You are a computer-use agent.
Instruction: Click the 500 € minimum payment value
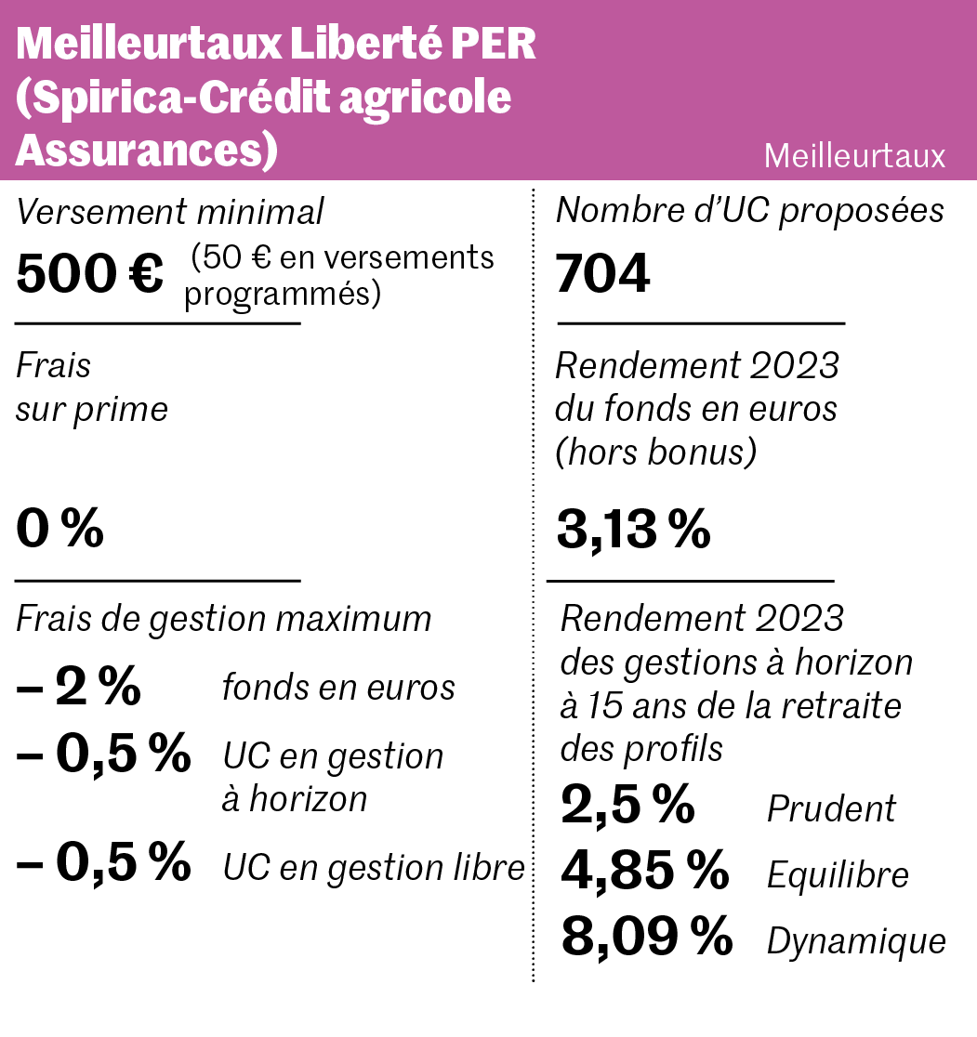[x=89, y=274]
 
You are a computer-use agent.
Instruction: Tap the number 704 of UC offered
[x=602, y=274]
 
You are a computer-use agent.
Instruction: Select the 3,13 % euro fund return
[x=633, y=531]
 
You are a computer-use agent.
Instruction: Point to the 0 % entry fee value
[x=59, y=531]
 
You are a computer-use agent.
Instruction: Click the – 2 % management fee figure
[x=78, y=688]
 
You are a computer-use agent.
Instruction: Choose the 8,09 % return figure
[x=647, y=938]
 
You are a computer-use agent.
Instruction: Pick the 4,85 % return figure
[x=645, y=871]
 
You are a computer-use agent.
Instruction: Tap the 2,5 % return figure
[x=627, y=805]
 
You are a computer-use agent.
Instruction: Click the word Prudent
[x=831, y=809]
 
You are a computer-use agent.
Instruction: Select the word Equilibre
[x=838, y=875]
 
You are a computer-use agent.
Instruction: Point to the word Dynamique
[x=856, y=942]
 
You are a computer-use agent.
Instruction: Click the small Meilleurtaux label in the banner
[x=854, y=156]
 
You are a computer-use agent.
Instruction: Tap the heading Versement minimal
[x=170, y=213]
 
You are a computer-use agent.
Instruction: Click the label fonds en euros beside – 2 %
[x=338, y=688]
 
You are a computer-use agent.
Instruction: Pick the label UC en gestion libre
[x=374, y=868]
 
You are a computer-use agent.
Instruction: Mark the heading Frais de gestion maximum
[x=224, y=619]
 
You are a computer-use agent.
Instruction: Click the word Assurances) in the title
[x=147, y=151]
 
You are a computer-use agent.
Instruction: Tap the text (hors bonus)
[x=655, y=453]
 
